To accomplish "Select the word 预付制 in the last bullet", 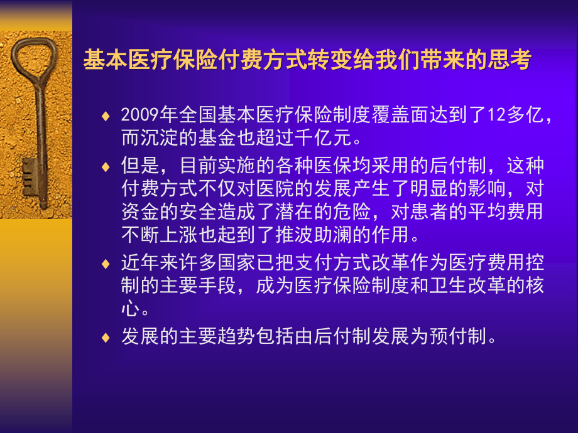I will point(460,336).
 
